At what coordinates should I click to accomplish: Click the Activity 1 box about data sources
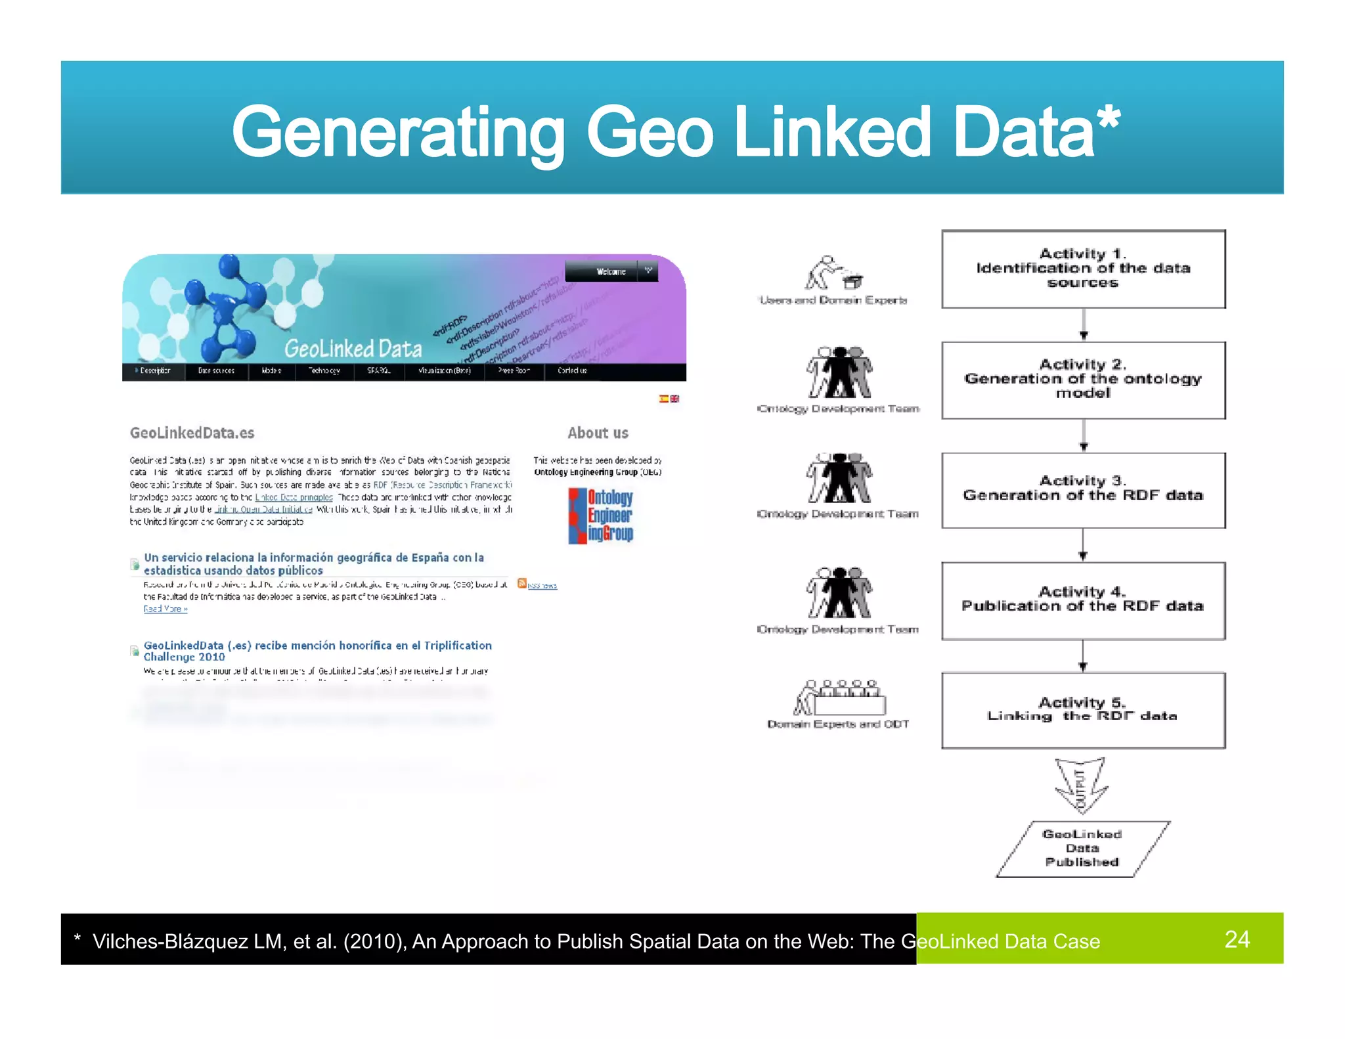tap(1083, 269)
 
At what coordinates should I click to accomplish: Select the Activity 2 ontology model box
tap(1083, 380)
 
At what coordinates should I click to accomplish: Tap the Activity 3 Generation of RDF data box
tap(1083, 490)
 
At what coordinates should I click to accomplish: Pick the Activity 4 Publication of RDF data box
tap(1083, 600)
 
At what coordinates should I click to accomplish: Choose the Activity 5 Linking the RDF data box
tap(1083, 710)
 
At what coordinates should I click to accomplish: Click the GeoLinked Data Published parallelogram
tap(1082, 849)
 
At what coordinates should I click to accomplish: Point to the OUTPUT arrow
tap(1081, 785)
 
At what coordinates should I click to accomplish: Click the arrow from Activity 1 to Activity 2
tap(1084, 324)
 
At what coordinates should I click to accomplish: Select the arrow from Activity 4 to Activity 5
tap(1083, 656)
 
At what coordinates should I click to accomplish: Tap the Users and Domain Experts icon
tap(833, 273)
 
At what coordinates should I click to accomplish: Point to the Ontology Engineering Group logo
tap(601, 516)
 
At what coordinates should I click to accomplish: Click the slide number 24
tap(1237, 939)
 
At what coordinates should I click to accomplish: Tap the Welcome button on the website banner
tap(611, 272)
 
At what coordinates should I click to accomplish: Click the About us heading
tap(598, 433)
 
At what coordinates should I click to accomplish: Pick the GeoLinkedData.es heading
tap(192, 433)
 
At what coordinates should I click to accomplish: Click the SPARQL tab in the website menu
tap(379, 371)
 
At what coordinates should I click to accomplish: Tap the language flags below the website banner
tap(669, 399)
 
